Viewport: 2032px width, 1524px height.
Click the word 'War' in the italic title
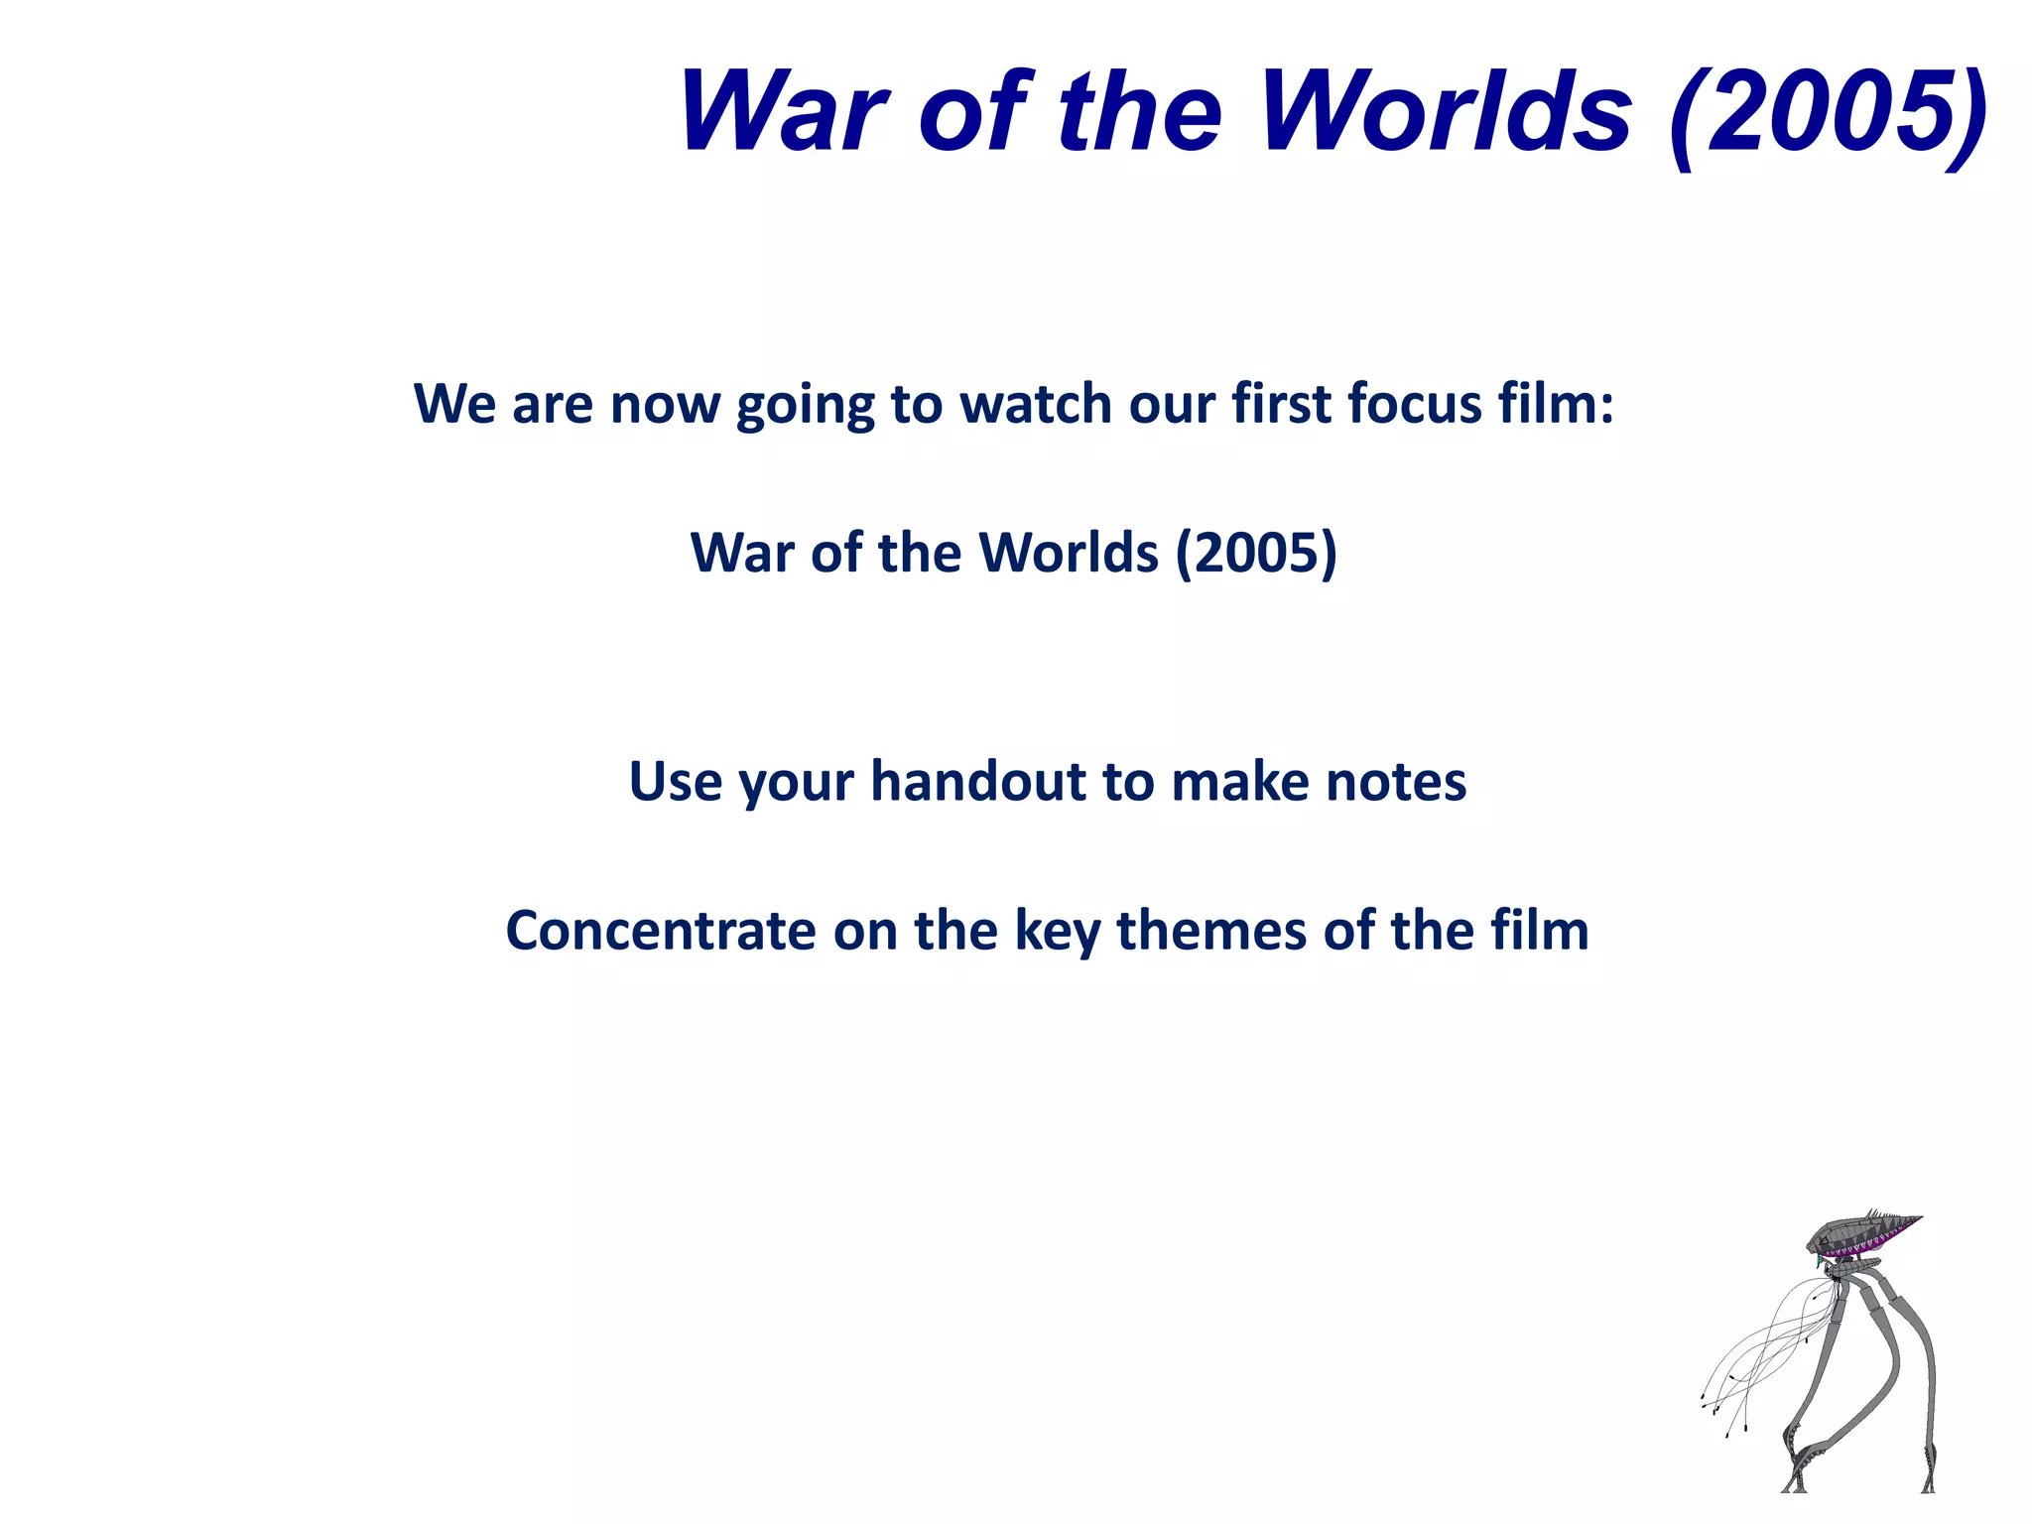784,111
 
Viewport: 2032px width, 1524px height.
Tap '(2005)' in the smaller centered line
1256,553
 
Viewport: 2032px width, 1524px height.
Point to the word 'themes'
1210,931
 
